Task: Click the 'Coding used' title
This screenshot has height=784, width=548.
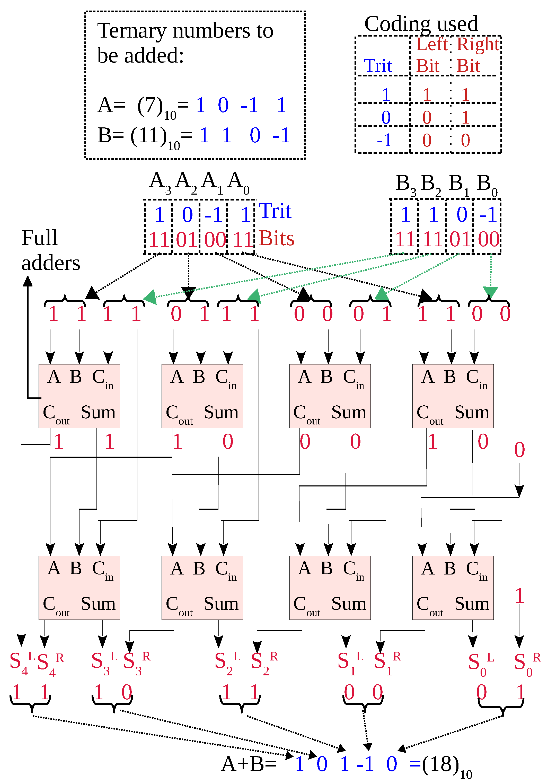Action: click(421, 24)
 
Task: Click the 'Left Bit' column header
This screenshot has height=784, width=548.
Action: click(431, 55)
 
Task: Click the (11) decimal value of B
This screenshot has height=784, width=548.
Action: click(148, 136)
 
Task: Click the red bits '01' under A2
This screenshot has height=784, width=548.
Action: click(187, 239)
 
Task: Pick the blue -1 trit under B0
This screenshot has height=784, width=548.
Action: click(488, 214)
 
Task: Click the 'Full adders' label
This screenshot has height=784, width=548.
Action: click(50, 250)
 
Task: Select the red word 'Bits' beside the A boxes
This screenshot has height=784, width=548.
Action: click(276, 238)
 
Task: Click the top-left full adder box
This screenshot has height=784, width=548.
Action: click(79, 396)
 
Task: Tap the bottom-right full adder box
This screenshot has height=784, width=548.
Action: click(453, 587)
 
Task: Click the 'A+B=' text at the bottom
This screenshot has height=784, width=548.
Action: click(249, 764)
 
